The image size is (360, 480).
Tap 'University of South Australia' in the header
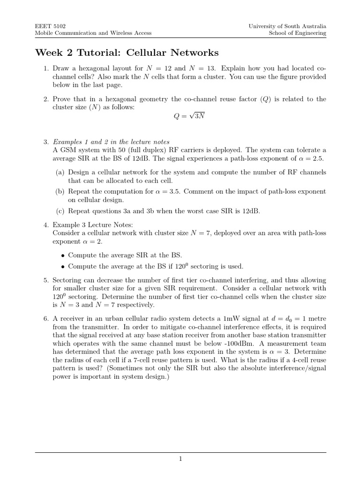(x=287, y=27)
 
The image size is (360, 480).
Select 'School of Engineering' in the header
(x=297, y=34)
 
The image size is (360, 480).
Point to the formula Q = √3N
(x=189, y=117)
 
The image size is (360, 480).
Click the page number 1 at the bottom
(x=180, y=459)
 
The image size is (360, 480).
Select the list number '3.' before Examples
(x=46, y=142)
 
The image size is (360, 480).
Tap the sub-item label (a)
(x=60, y=172)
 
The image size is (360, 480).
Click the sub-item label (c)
(x=60, y=210)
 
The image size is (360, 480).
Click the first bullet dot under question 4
(x=63, y=255)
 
